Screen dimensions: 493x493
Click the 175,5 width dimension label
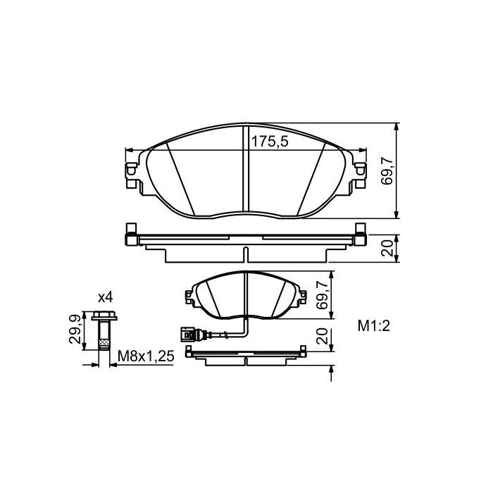point(270,142)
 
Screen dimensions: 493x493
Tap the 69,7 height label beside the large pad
point(386,171)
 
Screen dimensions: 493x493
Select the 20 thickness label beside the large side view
point(386,249)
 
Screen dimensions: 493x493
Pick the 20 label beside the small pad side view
point(323,337)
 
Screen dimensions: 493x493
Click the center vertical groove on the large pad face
point(245,169)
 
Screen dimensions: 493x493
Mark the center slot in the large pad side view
point(245,254)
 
